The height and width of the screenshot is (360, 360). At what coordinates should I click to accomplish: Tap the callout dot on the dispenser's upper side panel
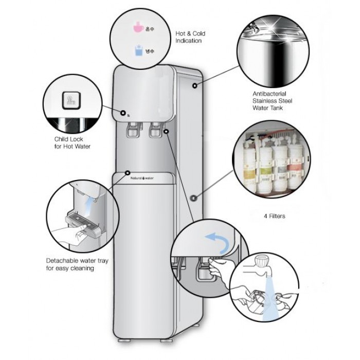[195, 86]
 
